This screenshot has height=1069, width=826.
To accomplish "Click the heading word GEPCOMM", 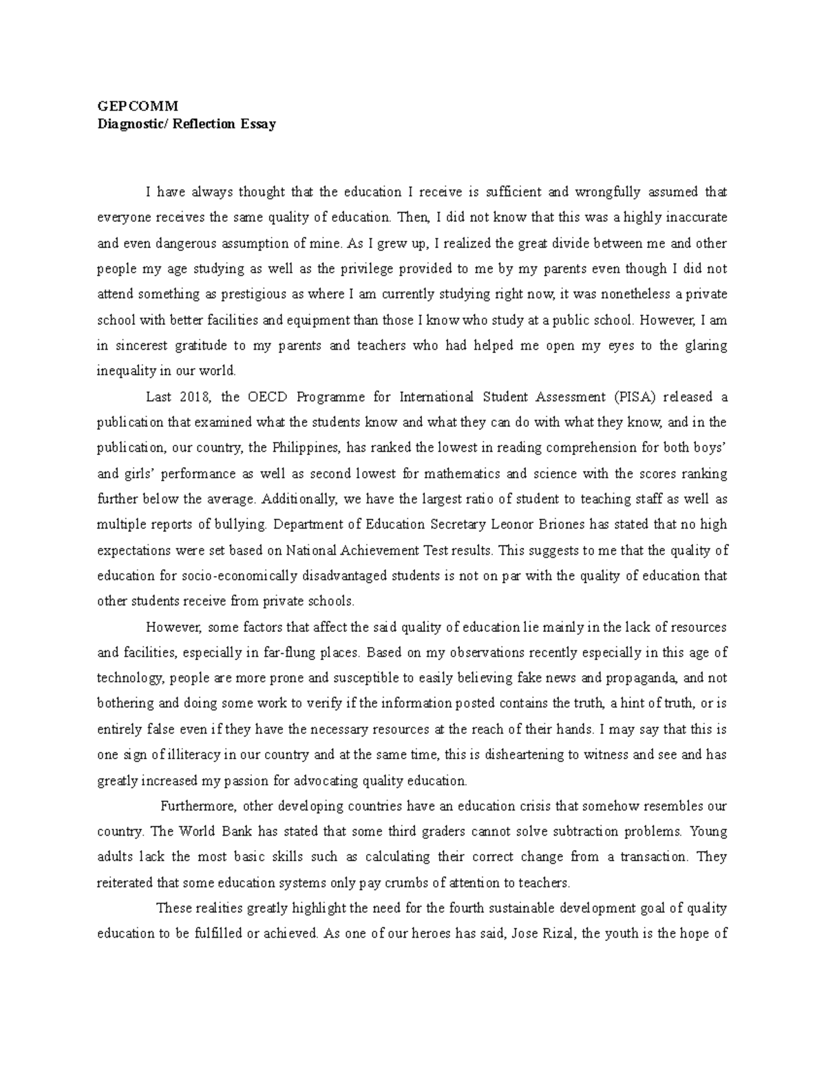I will pos(137,106).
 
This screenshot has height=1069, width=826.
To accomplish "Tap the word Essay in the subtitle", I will pos(258,124).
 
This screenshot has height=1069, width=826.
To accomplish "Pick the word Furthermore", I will pos(199,806).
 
